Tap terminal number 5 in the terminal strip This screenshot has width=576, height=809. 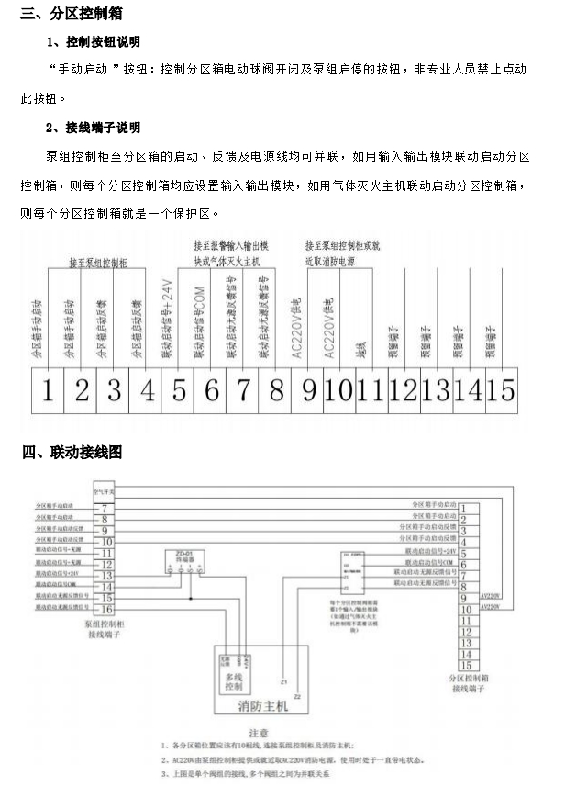pos(179,390)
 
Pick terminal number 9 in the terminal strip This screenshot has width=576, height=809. pos(309,390)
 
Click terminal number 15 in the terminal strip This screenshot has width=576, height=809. pos(502,390)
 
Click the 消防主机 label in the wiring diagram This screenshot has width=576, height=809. pos(262,705)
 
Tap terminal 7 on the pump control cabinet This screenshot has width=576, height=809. pos(107,508)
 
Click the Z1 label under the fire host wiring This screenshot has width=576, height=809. pos(283,682)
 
